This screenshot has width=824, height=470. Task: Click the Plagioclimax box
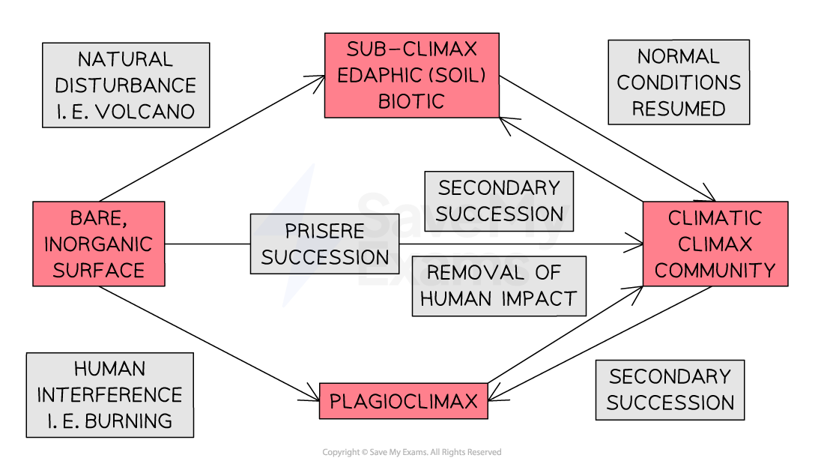click(x=403, y=401)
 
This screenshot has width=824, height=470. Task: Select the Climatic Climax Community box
click(x=715, y=244)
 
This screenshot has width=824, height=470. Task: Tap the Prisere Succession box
click(x=324, y=244)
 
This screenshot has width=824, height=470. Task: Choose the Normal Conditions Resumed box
click(x=678, y=82)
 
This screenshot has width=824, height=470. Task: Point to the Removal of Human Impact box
click(x=498, y=286)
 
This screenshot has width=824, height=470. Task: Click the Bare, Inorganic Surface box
click(x=98, y=244)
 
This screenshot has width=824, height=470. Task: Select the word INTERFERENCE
click(x=109, y=395)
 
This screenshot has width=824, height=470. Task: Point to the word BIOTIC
click(x=411, y=101)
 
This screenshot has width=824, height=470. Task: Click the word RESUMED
click(x=678, y=109)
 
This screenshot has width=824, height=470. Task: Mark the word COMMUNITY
click(x=715, y=270)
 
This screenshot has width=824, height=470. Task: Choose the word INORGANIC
click(x=98, y=244)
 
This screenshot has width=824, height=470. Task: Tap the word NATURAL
click(x=125, y=59)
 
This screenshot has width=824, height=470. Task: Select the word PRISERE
click(x=324, y=231)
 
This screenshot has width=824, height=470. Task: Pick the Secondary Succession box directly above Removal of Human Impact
click(x=498, y=201)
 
